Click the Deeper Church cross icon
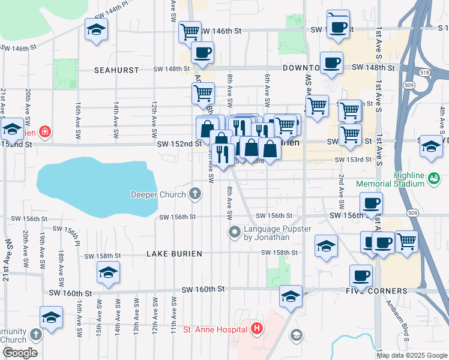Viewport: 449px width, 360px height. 194,193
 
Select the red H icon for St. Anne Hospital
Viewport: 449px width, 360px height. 257,328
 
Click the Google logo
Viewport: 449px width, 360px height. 19,353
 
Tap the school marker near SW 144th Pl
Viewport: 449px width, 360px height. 97,30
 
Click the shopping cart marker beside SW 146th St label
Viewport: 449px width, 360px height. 190,31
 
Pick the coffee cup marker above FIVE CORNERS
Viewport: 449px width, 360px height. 361,275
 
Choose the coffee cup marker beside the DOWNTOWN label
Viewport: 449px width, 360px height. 331,62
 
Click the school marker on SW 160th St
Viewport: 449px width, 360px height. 291,296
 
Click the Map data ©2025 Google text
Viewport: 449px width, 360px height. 412,355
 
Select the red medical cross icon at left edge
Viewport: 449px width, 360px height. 44,131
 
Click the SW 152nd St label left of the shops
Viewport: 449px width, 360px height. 179,143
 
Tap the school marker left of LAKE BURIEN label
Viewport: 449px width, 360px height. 108,272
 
